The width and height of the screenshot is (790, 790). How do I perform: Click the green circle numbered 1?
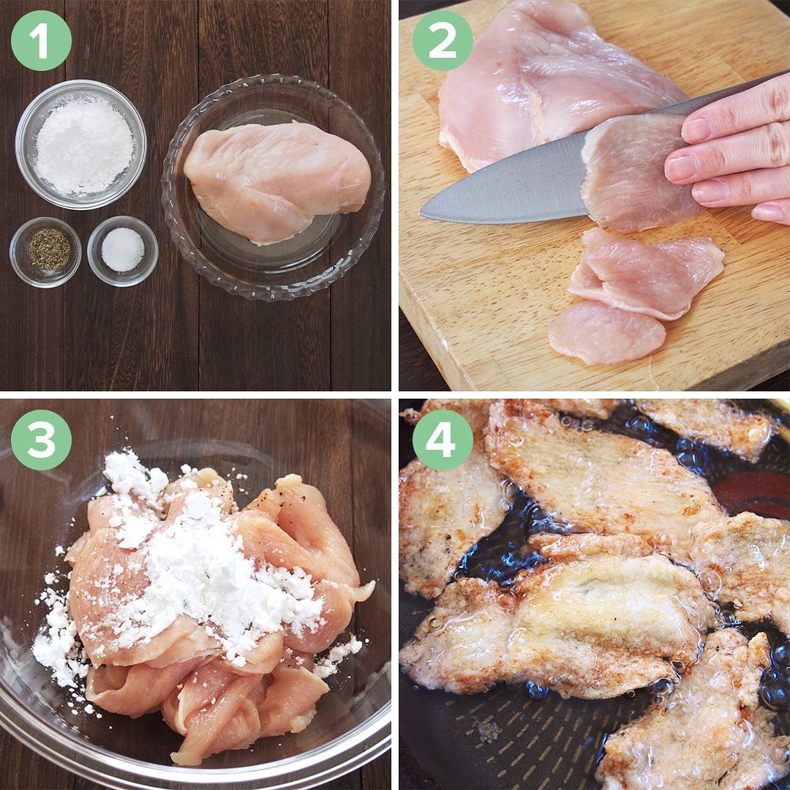(x=41, y=41)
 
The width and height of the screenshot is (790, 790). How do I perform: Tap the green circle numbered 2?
(x=443, y=41)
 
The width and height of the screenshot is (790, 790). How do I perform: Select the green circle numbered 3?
(x=41, y=440)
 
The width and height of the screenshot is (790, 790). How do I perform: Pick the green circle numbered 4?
(x=443, y=440)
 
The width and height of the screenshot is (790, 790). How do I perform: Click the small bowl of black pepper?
(x=45, y=252)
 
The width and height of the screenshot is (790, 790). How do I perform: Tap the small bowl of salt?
(x=122, y=251)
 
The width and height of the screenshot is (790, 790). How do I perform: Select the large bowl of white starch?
(x=80, y=145)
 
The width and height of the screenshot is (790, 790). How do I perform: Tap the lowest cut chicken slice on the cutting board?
(x=606, y=333)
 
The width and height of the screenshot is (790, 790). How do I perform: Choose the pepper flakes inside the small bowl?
(x=49, y=249)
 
